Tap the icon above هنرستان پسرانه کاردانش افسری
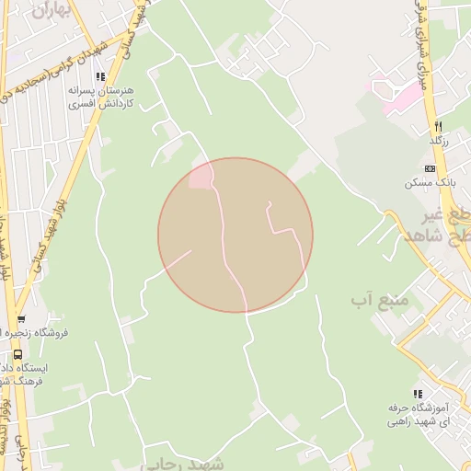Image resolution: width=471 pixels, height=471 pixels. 101,76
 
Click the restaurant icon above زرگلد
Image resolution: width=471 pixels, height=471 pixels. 439,125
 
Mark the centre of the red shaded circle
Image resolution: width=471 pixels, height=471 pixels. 235,235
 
